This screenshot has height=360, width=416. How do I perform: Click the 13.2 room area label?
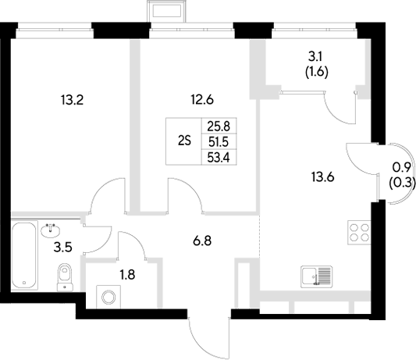pyautogui.click(x=72, y=99)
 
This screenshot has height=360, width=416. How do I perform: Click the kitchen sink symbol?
pyautogui.click(x=315, y=275)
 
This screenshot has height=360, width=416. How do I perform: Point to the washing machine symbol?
pyautogui.click(x=105, y=296)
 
